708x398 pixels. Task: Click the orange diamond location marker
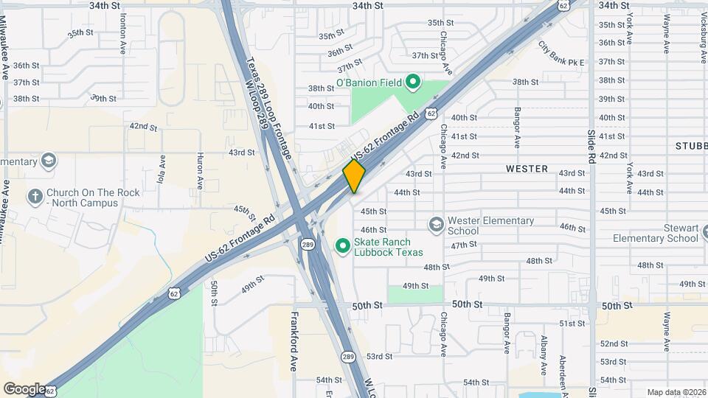point(354,176)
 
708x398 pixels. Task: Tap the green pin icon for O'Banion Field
point(413,83)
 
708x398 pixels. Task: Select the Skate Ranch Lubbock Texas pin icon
point(342,245)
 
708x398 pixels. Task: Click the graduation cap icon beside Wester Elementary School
point(437,223)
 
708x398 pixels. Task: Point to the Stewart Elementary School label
point(656,233)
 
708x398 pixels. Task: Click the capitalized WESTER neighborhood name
point(527,169)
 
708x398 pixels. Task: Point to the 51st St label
point(572,324)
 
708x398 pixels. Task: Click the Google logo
point(24,388)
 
